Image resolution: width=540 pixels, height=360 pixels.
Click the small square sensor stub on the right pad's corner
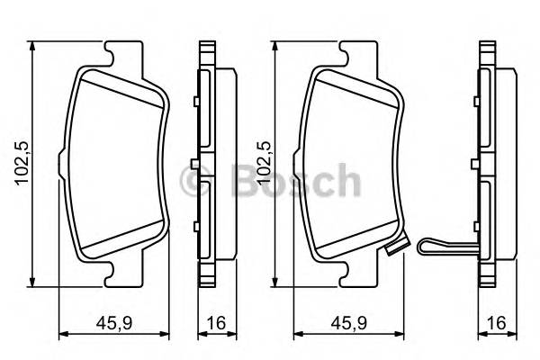(391, 251)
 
